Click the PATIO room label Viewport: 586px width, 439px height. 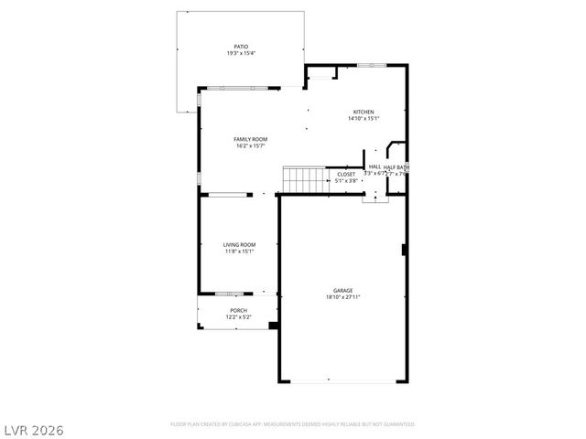click(x=240, y=47)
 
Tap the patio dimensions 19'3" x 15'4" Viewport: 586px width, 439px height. click(x=240, y=53)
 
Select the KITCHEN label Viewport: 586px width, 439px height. click(x=364, y=112)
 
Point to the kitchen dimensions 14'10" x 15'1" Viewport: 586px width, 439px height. click(x=364, y=119)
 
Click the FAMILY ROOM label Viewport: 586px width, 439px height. click(x=251, y=139)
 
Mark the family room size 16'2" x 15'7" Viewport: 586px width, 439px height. click(x=251, y=146)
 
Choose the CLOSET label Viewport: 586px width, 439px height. click(x=346, y=174)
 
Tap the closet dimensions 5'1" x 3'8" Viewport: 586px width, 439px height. click(x=346, y=180)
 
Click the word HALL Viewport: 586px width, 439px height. click(x=374, y=167)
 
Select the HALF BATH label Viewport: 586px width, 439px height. click(x=396, y=167)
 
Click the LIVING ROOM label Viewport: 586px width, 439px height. click(x=240, y=244)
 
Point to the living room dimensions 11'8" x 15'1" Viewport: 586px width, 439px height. click(x=240, y=252)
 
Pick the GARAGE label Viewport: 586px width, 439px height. click(x=343, y=290)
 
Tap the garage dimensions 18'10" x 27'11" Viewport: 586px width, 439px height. click(x=343, y=297)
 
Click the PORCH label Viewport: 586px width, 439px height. click(x=238, y=310)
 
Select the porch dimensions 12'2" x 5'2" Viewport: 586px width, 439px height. click(x=238, y=316)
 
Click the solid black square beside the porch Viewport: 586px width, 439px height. click(x=273, y=324)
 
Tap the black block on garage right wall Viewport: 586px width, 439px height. click(x=404, y=250)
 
